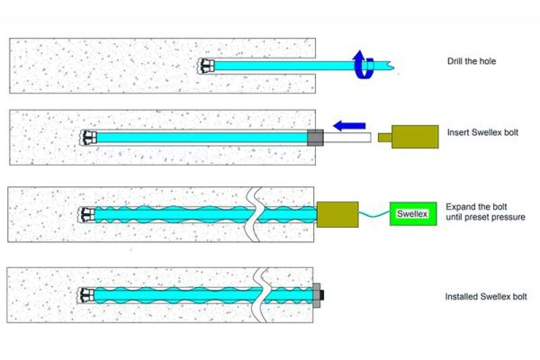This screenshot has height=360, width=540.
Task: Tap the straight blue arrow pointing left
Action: (x=349, y=126)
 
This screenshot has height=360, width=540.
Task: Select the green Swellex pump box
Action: (x=413, y=214)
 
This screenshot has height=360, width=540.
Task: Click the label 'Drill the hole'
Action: (x=472, y=61)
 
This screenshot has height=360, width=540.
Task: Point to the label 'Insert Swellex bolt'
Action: (x=482, y=132)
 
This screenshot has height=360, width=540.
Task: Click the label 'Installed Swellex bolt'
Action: (x=486, y=297)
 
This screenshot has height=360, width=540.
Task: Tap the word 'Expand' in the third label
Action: (x=460, y=207)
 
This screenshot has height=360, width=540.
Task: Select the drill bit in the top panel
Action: (x=206, y=66)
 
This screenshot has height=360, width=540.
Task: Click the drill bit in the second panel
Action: (x=88, y=138)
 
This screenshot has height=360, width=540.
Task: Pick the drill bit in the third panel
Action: (x=86, y=214)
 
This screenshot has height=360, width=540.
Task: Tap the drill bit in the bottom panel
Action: (x=85, y=295)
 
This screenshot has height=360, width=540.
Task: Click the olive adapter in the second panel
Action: (x=409, y=137)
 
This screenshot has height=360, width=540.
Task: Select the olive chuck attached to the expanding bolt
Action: (x=337, y=214)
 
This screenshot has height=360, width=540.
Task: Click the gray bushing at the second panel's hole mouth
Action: (x=315, y=138)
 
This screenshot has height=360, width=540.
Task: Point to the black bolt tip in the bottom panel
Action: (x=322, y=295)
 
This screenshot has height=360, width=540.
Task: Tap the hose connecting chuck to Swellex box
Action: (x=374, y=214)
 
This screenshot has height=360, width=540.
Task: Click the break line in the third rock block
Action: (x=254, y=214)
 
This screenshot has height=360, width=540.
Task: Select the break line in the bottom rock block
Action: (x=260, y=295)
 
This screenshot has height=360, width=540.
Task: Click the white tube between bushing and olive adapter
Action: (x=347, y=138)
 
